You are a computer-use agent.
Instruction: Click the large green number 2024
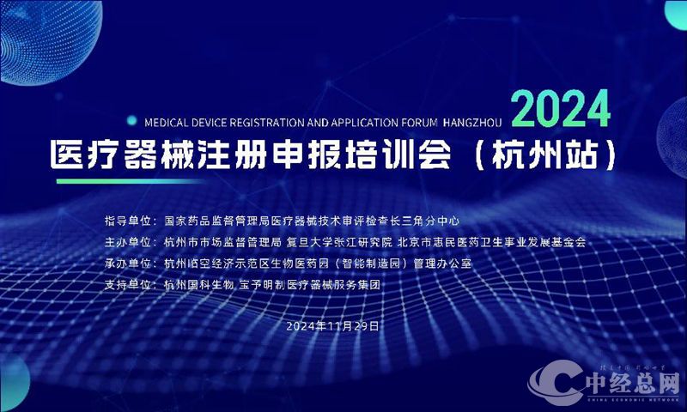pos(562,110)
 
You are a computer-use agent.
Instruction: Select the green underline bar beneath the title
pos(129,181)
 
